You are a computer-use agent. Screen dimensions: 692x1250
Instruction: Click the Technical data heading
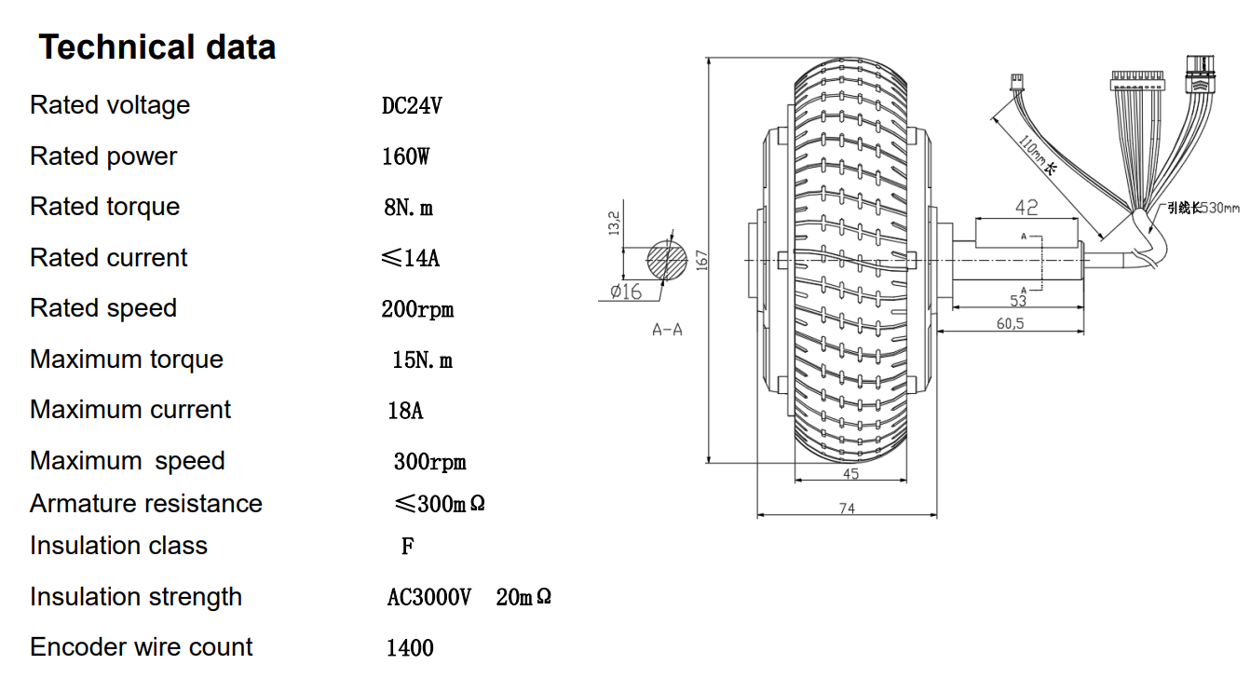pos(156,47)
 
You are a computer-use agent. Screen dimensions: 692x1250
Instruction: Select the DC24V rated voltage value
pos(412,106)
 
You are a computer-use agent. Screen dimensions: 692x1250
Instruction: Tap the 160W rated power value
pos(406,156)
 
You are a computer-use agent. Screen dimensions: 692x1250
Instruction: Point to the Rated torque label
pos(104,207)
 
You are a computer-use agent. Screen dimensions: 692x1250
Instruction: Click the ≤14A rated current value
pos(410,258)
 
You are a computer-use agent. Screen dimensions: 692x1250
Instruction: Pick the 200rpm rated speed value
pos(417,309)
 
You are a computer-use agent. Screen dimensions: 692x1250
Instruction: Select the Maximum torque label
pos(127,360)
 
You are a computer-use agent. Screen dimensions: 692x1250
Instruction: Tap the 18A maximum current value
pos(405,411)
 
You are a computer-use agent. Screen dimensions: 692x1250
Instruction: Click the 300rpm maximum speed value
pos(429,462)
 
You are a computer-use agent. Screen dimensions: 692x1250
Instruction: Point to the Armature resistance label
pos(146,504)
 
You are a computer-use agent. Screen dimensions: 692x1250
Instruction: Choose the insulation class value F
pos(407,547)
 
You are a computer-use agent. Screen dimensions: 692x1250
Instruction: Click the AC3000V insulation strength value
pos(429,598)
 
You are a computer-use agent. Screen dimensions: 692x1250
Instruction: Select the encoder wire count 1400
pos(410,648)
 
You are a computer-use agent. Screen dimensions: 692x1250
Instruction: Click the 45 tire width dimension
pos(850,474)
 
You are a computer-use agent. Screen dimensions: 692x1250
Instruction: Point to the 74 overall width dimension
pos(847,509)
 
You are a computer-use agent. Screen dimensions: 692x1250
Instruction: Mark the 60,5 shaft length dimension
pos(1011,324)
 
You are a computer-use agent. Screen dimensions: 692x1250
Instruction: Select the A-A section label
pos(667,330)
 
